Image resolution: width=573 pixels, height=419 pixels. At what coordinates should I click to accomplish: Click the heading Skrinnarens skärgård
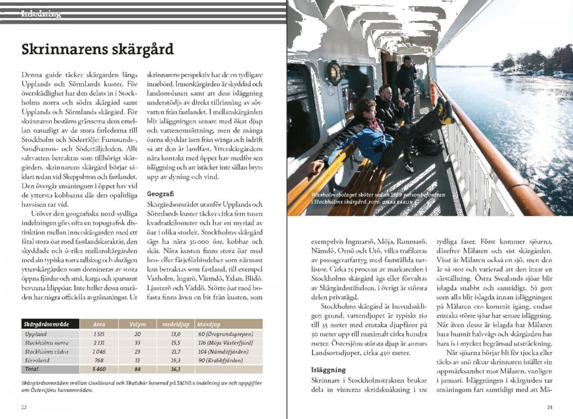pyautogui.click(x=98, y=49)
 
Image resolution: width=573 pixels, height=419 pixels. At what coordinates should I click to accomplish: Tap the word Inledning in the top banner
pyautogui.click(x=41, y=14)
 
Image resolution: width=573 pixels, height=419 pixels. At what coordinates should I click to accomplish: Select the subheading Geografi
pyautogui.click(x=160, y=194)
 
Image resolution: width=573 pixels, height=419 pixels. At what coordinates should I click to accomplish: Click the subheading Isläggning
pyautogui.click(x=328, y=370)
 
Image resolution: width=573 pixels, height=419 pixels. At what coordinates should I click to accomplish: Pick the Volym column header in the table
pyautogui.click(x=137, y=324)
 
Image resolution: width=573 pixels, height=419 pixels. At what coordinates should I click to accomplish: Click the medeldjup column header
pyautogui.click(x=176, y=324)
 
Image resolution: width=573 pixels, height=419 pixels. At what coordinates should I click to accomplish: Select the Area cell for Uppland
pyautogui.click(x=99, y=334)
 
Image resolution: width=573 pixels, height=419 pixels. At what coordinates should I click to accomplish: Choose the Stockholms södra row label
pyautogui.click(x=46, y=351)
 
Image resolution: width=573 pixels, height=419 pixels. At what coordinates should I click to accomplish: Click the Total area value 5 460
pyautogui.click(x=99, y=369)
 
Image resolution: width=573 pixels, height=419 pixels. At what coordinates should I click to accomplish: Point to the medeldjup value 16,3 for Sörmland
pyautogui.click(x=176, y=360)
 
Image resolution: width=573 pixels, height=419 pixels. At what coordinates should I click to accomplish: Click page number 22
pyautogui.click(x=24, y=407)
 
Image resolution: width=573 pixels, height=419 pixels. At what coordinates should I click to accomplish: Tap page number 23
pyautogui.click(x=549, y=407)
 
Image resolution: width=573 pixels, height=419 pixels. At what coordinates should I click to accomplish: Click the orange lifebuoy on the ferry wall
pyautogui.click(x=433, y=94)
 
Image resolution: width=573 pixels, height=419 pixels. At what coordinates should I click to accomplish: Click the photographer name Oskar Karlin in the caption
pyautogui.click(x=397, y=202)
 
